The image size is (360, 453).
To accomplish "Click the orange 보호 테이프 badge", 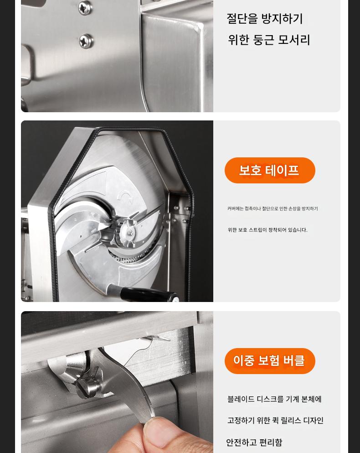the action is pos(270,170).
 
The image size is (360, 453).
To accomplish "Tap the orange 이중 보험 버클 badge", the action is pos(270,361).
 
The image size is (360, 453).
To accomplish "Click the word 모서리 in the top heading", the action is pos(294,40).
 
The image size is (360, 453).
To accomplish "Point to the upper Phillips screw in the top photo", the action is pos(86,7).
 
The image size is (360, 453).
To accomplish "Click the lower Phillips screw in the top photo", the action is pos(86,42).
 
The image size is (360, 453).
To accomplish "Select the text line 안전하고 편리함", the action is pos(254,442).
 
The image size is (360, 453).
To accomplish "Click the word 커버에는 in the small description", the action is pos(235,208).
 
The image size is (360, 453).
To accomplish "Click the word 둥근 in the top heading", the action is pos(263,40).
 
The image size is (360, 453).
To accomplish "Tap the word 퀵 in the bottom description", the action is pos(277,420).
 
